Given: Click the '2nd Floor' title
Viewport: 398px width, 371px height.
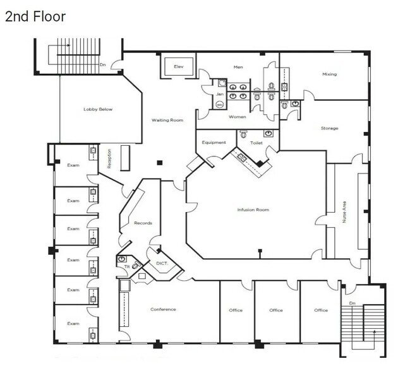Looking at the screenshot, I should pos(35,16).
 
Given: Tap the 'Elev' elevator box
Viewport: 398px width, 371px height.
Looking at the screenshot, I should pos(179,67).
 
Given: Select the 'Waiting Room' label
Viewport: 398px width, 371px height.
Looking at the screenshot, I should pos(167,120).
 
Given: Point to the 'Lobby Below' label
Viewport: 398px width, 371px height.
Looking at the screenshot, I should pos(98,109).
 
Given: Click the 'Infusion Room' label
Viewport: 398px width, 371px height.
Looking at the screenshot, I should pos(253,209).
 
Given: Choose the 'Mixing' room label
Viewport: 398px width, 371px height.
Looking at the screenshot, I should pos(329,74).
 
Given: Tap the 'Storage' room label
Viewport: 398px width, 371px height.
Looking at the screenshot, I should pos(329,128).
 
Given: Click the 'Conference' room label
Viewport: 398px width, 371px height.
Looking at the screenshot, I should pos(163,309).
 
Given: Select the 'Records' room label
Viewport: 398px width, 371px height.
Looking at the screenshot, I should pos(143,223).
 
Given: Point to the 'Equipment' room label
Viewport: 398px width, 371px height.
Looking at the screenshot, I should pos(214,143).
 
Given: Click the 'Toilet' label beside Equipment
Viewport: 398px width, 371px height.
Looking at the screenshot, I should pos(256,143).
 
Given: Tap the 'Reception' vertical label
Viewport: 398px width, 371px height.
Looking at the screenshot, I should pos(109,158).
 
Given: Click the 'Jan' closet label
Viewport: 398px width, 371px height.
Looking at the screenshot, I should pos(220,94).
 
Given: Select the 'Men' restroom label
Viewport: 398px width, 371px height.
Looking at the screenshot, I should pos(238,67).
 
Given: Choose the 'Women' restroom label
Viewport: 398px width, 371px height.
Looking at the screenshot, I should pos(238,117).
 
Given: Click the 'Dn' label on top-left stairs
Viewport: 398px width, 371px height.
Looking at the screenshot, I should pos(102,64).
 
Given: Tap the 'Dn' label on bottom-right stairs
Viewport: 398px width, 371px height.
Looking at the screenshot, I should pos(353,291).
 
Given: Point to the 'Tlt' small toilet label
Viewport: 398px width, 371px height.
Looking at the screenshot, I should pos(126,267).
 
